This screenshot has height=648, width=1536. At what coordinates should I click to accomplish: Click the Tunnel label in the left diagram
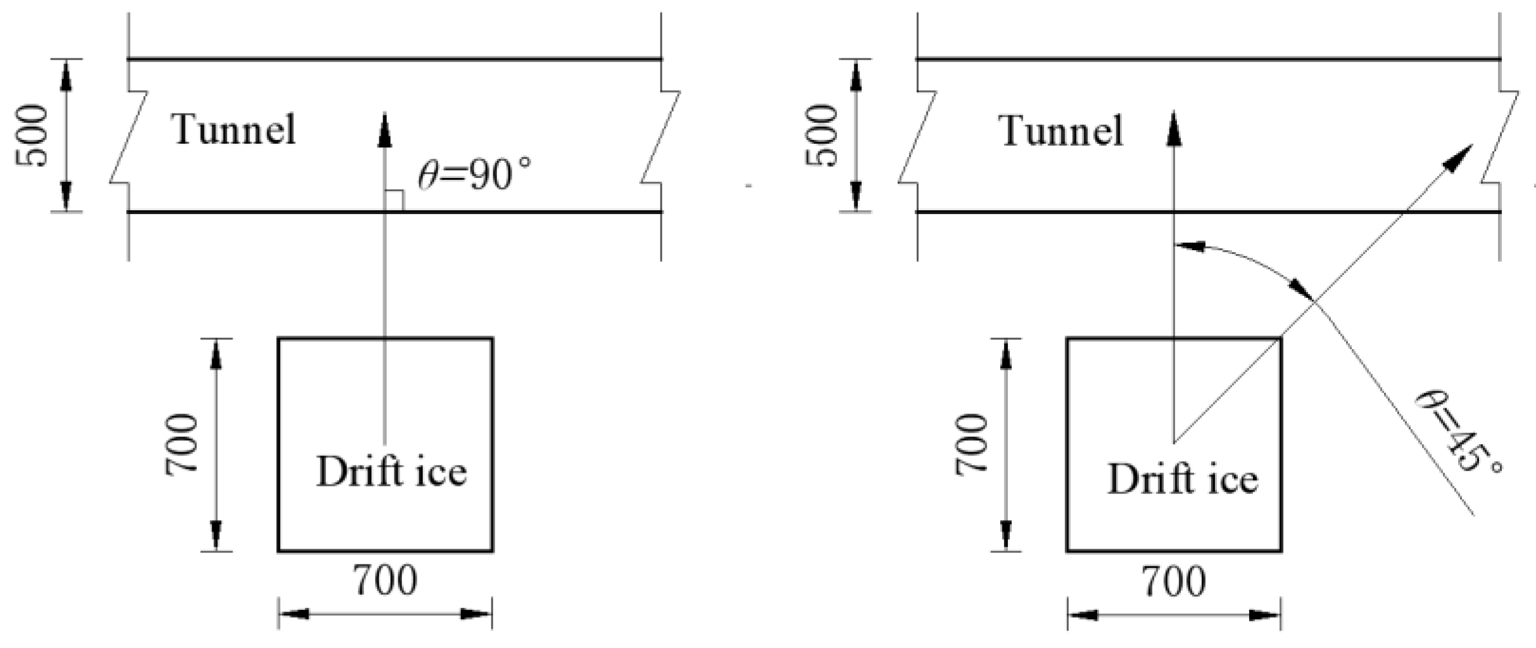[234, 130]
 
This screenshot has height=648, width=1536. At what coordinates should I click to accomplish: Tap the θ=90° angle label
[474, 174]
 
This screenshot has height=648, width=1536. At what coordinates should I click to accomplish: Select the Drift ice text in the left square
[391, 472]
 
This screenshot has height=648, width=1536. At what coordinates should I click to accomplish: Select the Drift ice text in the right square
[1182, 479]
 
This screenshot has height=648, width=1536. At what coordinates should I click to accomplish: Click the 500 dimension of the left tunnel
[32, 136]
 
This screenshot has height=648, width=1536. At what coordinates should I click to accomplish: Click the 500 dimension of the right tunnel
[822, 136]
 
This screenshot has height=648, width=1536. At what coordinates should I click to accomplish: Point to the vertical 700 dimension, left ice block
[182, 444]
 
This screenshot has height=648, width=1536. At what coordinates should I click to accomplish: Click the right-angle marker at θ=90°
[394, 201]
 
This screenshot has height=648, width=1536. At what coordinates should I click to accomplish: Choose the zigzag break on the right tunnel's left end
[917, 136]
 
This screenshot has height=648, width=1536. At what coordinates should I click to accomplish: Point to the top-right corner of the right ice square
[1280, 339]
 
